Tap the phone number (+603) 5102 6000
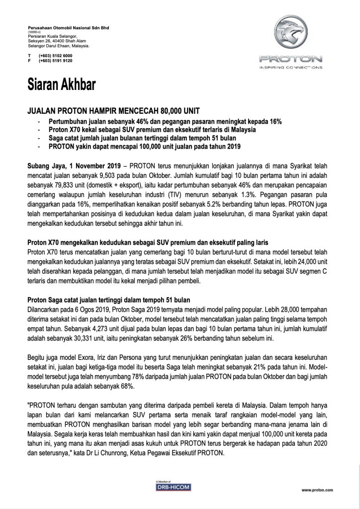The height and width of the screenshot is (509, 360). tap(55, 56)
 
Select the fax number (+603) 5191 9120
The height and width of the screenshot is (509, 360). tap(55, 61)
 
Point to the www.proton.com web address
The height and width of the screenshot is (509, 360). tap(316, 491)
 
